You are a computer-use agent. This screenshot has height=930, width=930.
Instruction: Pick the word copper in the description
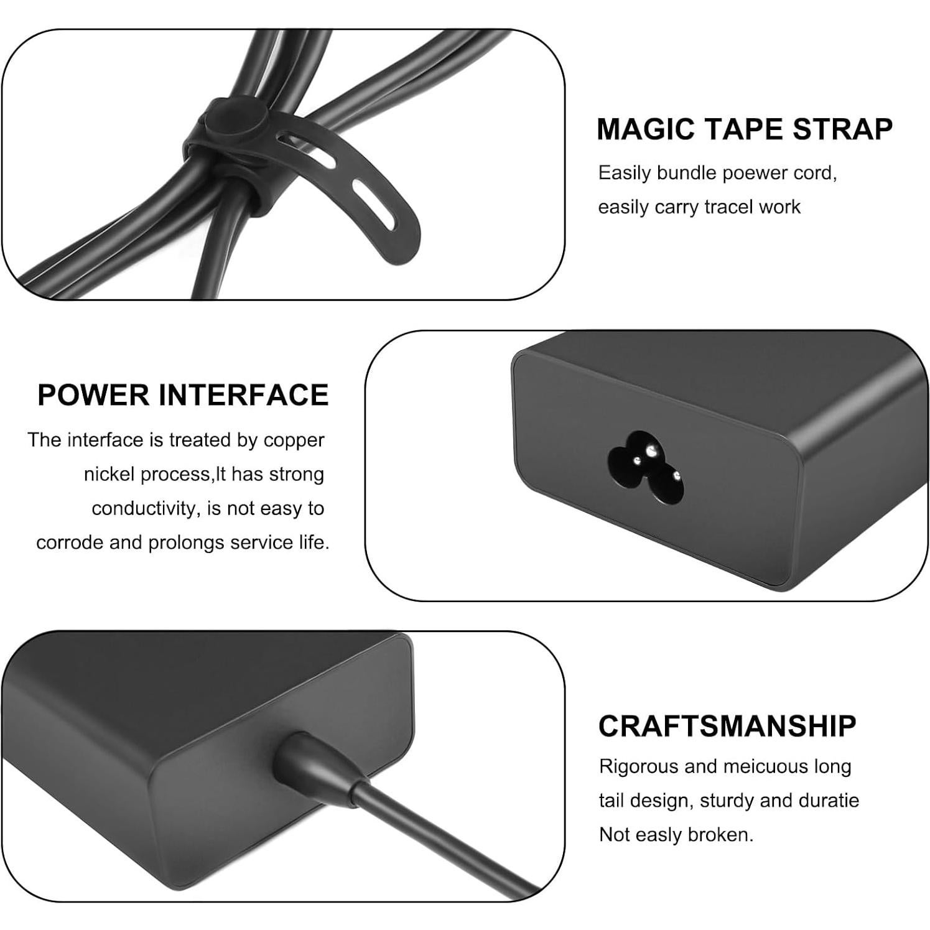point(294,440)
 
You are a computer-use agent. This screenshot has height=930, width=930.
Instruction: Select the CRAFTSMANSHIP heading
point(727,726)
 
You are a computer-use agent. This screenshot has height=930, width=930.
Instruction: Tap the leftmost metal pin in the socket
point(638,461)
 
